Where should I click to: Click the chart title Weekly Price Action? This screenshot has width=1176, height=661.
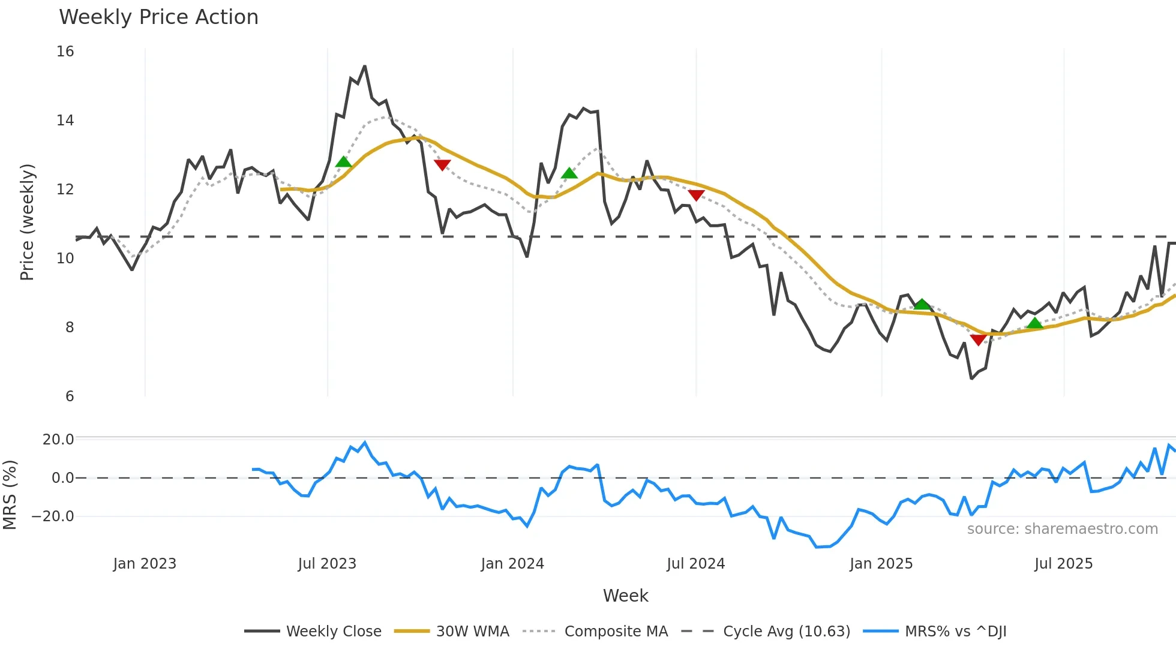[158, 17]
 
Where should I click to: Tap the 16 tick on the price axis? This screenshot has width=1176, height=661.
[65, 52]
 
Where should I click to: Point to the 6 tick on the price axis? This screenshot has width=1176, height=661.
[70, 396]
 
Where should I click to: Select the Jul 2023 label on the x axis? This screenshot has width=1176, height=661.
[327, 564]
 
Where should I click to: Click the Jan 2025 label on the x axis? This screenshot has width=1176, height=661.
[881, 564]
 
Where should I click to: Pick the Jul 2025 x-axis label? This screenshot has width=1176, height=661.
[1063, 564]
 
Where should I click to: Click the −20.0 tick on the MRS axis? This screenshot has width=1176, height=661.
[53, 516]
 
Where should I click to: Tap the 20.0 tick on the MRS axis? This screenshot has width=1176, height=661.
[58, 440]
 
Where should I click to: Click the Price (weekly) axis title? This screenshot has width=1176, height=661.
[28, 222]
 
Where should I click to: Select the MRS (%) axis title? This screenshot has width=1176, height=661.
[10, 495]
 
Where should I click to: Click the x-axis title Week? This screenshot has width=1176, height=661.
[625, 596]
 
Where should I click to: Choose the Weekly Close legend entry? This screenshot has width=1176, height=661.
[334, 632]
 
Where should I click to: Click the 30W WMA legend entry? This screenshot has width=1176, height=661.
[472, 632]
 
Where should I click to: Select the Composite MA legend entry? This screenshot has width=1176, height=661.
[616, 632]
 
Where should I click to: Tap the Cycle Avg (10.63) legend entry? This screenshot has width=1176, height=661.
[786, 632]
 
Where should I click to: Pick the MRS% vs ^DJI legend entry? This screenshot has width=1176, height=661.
[955, 632]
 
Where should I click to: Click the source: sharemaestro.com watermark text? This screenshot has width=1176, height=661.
[1062, 529]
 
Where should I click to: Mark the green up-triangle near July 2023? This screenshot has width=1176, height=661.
[343, 162]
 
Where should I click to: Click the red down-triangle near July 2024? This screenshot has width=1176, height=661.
[696, 195]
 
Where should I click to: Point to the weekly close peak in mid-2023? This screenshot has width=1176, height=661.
[364, 67]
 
